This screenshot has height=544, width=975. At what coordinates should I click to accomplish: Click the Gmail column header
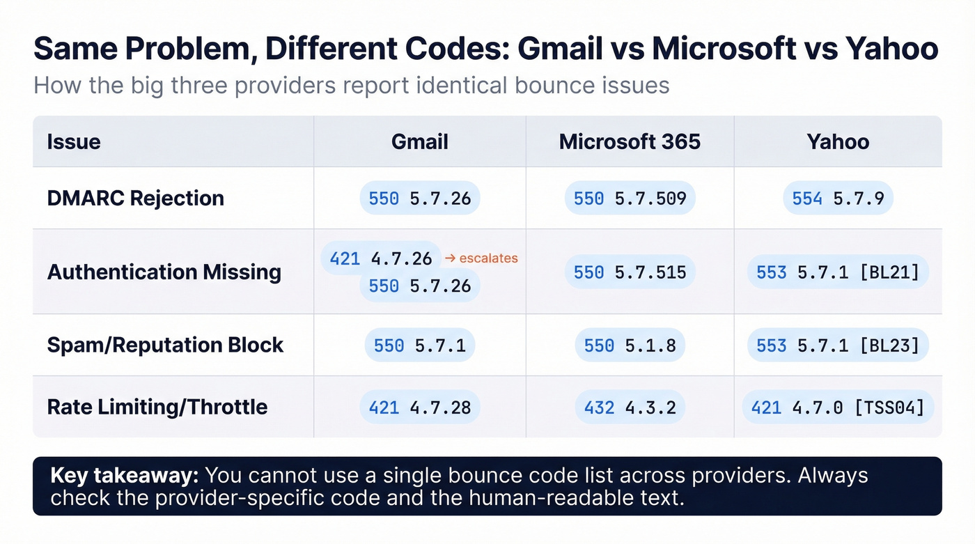419,142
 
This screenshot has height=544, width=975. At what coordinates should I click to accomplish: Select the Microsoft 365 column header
630,142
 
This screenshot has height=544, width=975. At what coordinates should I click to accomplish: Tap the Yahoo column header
838,142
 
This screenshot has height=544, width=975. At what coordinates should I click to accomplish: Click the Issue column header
74,142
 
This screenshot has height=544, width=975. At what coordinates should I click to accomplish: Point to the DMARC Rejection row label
136,199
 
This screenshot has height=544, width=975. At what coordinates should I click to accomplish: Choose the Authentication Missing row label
164,272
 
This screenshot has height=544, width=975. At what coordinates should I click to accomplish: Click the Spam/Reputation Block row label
166,345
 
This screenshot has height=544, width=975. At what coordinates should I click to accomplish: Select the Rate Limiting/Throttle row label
157,407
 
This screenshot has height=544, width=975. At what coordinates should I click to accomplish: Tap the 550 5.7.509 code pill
630,199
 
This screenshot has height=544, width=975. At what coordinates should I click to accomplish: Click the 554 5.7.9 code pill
838,199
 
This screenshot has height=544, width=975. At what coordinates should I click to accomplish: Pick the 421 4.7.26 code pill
381,258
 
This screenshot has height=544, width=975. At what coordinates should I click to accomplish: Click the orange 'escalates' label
481,258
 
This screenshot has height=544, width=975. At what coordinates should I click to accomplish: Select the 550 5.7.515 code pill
630,272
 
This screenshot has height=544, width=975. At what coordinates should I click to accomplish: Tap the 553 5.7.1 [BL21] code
838,272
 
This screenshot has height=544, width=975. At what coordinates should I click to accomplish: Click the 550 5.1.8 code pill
630,345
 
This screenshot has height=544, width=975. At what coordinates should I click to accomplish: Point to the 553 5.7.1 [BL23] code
838,345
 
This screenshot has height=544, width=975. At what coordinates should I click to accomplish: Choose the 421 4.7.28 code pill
419,407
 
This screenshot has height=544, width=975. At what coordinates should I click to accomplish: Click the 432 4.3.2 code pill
630,407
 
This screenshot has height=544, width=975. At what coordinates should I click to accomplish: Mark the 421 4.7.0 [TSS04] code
838,407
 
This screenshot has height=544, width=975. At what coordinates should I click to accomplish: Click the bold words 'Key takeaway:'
125,476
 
